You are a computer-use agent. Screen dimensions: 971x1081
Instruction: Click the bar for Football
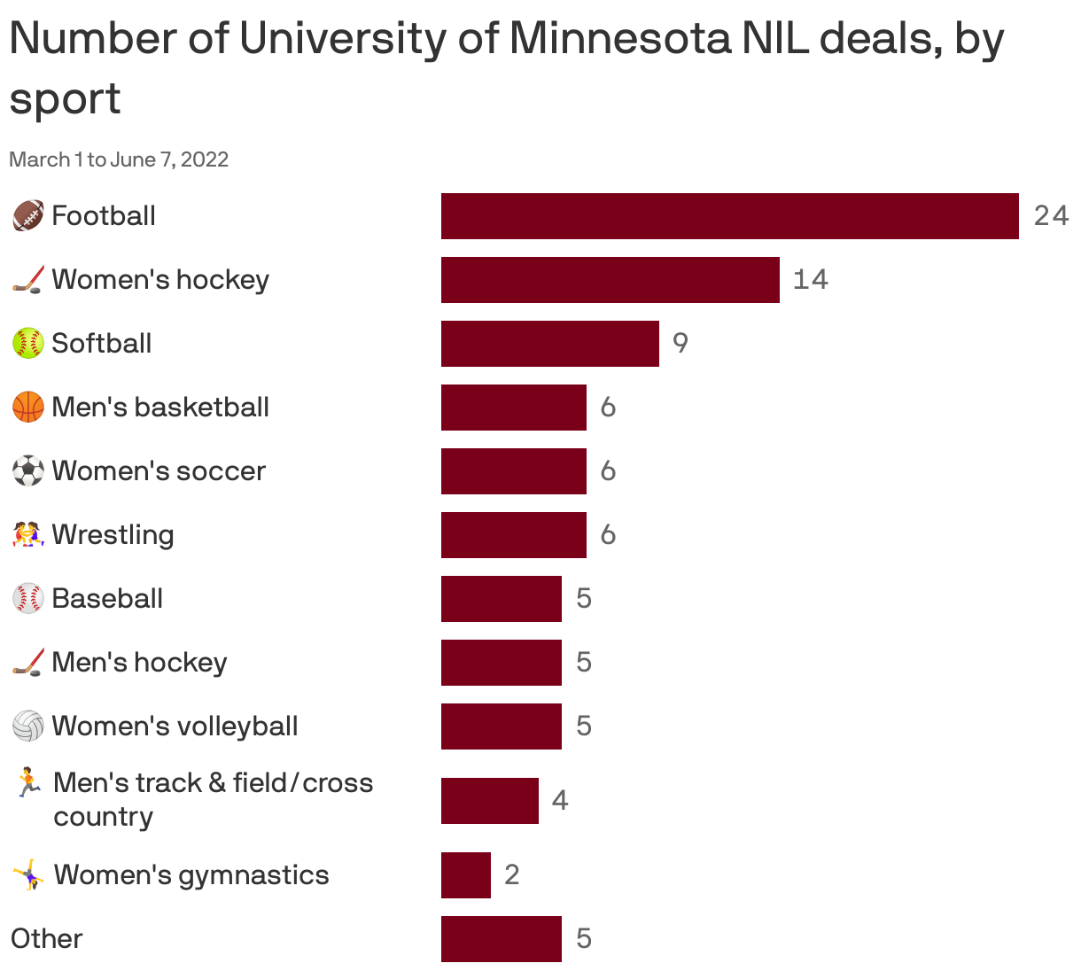729,216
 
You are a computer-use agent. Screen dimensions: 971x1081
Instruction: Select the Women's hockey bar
610,280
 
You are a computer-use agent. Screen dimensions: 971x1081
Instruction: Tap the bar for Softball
549,344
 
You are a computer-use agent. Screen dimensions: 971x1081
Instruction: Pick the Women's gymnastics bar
466,875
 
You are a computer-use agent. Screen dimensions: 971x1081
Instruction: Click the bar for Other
501,939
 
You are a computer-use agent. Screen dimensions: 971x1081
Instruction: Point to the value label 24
1051,216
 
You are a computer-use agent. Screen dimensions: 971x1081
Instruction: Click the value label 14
810,280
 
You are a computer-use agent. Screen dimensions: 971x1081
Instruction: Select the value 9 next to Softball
680,344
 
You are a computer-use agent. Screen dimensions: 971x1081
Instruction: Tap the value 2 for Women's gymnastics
511,875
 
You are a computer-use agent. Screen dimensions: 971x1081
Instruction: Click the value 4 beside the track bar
559,801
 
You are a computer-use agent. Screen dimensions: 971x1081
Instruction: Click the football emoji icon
28,216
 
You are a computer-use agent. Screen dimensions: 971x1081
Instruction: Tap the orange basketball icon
28,408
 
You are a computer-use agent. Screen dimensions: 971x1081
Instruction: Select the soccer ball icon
28,471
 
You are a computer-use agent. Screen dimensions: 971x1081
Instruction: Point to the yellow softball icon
28,344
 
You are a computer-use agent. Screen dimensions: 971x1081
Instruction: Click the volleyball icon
28,726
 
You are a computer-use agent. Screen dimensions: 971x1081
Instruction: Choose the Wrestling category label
113,535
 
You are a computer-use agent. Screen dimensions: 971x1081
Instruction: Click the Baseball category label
107,599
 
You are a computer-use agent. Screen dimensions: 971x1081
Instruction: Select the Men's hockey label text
139,663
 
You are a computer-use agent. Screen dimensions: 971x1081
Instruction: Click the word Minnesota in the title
619,39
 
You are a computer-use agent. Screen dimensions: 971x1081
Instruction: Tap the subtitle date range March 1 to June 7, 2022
119,159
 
